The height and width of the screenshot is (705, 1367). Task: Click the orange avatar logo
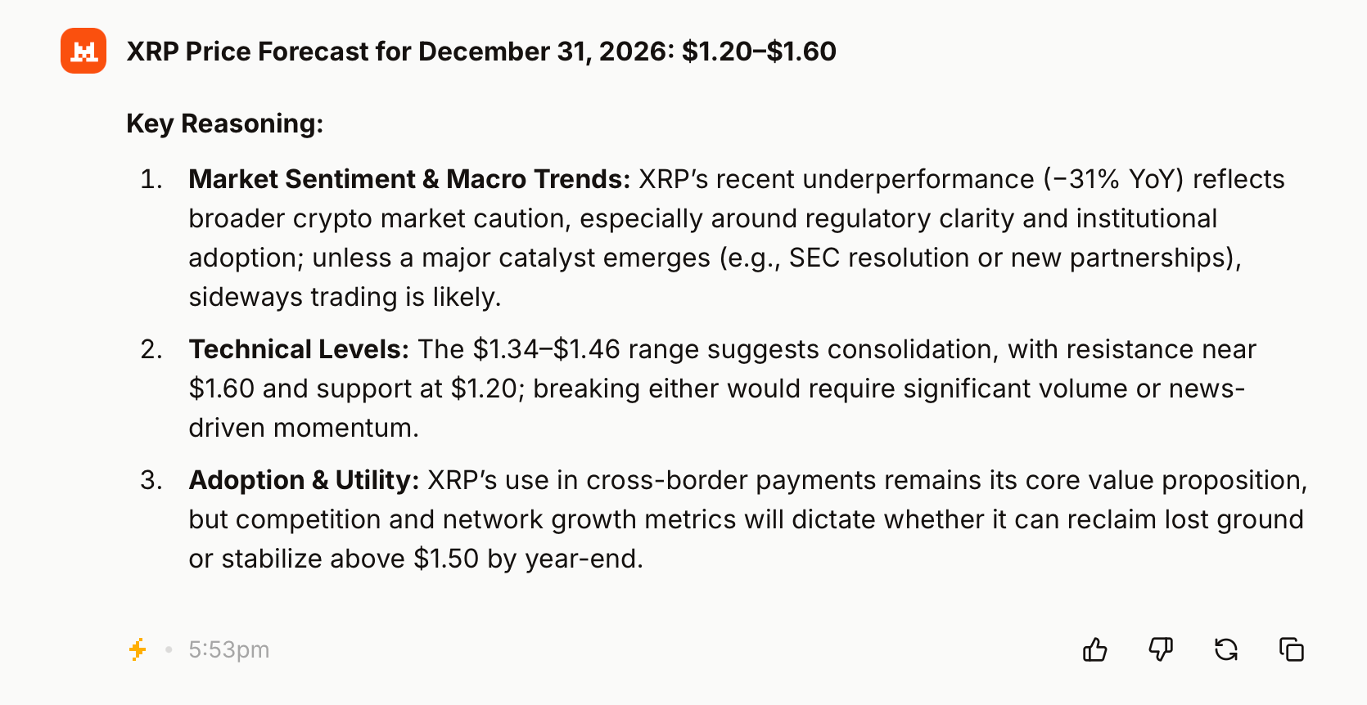coord(83,51)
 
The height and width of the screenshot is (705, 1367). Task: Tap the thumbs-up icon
coord(1094,649)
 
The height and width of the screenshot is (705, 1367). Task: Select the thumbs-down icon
coord(1160,649)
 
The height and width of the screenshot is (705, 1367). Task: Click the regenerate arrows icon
coord(1225,649)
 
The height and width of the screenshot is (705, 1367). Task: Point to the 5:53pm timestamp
coord(228,649)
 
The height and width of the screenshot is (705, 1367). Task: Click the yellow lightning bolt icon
coord(138,649)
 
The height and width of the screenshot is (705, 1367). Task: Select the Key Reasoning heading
coord(224,123)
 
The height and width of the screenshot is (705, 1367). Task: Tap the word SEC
coord(814,258)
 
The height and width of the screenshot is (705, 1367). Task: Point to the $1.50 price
coord(446,559)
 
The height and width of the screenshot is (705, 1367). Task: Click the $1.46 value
coord(587,349)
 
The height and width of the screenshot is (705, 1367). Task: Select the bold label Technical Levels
coord(299,349)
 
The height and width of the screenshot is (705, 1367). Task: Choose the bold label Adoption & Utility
coord(304,480)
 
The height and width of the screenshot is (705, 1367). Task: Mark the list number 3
coord(151,480)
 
